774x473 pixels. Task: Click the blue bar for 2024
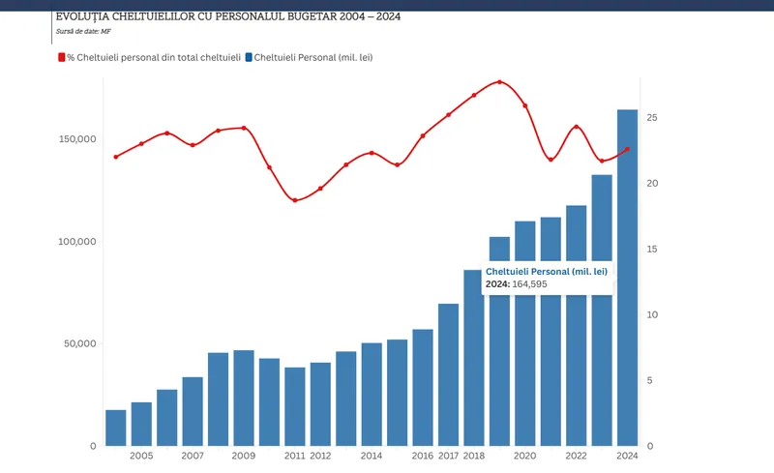(x=627, y=278)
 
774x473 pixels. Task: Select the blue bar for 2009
(x=244, y=398)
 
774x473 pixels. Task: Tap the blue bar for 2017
(x=448, y=374)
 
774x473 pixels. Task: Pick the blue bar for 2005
(x=141, y=424)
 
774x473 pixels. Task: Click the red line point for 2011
(x=295, y=200)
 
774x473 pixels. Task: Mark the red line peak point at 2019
(x=499, y=82)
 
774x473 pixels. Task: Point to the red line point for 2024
(x=627, y=149)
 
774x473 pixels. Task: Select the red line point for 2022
(x=576, y=127)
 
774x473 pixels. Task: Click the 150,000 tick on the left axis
(x=77, y=139)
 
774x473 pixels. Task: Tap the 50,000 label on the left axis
(x=80, y=343)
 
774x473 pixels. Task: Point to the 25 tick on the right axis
(x=652, y=117)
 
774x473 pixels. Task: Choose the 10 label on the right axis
(x=652, y=314)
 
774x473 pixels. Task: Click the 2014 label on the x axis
(x=372, y=456)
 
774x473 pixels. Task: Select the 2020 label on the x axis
(x=524, y=456)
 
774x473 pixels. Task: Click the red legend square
(x=62, y=57)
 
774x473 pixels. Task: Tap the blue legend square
(x=249, y=57)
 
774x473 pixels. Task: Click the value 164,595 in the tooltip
(x=529, y=284)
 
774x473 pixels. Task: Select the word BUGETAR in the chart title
(x=312, y=16)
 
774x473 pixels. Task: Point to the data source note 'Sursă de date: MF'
(x=83, y=31)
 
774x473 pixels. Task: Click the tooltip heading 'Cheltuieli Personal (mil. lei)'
(x=547, y=272)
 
